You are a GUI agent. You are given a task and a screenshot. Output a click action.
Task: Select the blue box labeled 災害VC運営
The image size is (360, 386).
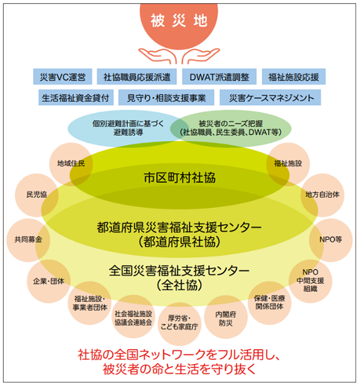point(62,77)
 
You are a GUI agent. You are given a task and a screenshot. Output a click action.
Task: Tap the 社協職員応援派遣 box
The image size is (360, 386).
point(136,77)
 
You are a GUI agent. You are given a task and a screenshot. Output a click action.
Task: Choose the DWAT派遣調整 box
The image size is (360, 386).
point(220,77)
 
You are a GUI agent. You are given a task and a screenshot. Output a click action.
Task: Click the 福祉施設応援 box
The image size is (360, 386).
point(293,77)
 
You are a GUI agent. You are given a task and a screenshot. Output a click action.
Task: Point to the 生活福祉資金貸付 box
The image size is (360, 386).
point(75,98)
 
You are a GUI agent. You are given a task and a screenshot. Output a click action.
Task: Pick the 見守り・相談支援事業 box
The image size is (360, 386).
point(166,98)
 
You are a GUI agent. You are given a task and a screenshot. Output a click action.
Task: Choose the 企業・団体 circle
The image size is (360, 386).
point(48,280)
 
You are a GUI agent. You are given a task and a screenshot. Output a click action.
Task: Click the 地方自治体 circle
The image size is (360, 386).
point(322,195)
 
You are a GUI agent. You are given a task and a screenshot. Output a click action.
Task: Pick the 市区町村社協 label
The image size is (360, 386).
point(179,178)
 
